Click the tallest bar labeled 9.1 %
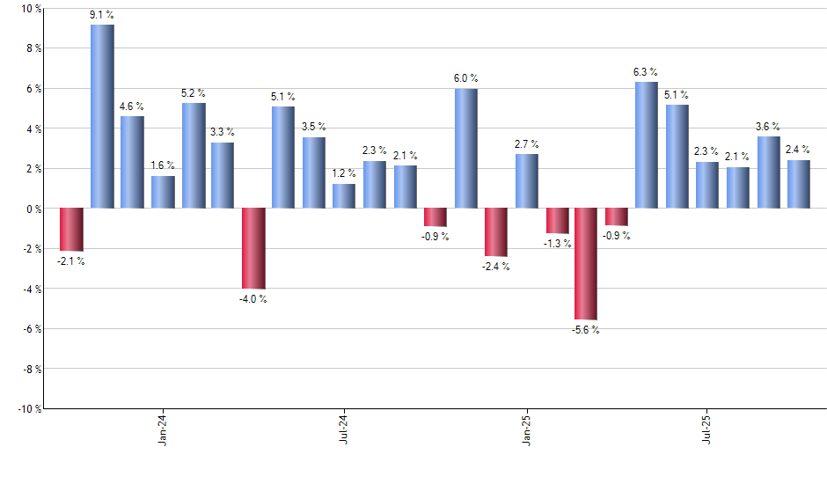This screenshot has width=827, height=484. click(x=102, y=116)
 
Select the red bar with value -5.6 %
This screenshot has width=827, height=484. click(x=586, y=264)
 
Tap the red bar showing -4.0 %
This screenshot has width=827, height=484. click(x=253, y=248)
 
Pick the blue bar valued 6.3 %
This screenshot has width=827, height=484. click(x=647, y=145)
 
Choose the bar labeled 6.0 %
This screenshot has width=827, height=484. click(x=466, y=149)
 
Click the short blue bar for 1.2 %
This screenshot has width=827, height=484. click(x=344, y=196)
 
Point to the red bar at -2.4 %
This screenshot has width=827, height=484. click(x=496, y=232)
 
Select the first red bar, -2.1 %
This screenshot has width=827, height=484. click(x=71, y=230)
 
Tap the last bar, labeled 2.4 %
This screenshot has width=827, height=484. click(x=799, y=185)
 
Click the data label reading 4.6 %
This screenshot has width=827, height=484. click(x=132, y=106)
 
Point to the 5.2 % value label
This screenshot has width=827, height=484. click(x=194, y=93)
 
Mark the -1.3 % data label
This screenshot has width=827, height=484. click(x=558, y=244)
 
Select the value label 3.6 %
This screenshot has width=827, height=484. click(x=769, y=127)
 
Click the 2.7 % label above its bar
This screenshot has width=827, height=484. click(x=527, y=144)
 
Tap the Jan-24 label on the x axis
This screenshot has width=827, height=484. click(x=162, y=429)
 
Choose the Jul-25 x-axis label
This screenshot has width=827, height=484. click(x=708, y=429)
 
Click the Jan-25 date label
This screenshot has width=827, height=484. click(x=527, y=429)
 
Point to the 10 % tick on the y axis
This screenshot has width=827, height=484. click(x=31, y=9)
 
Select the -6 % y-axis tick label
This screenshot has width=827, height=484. click(x=31, y=329)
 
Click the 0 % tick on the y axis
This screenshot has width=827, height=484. click(x=33, y=209)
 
